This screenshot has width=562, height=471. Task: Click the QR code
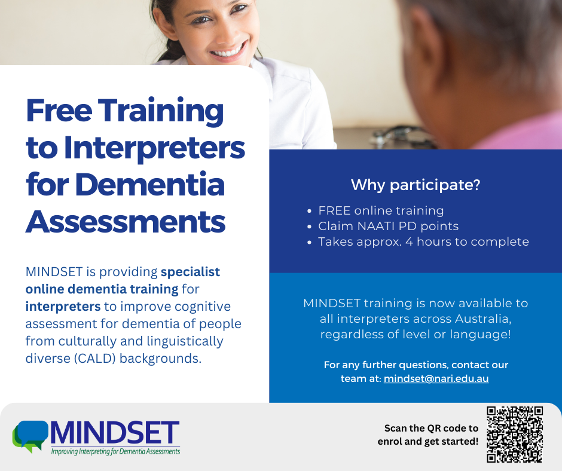[x=515, y=435]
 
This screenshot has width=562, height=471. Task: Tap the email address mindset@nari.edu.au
[x=436, y=378]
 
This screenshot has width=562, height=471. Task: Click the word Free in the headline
[x=59, y=111]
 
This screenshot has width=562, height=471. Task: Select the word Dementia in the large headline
[x=150, y=185]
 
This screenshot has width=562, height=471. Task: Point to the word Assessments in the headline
[x=126, y=222]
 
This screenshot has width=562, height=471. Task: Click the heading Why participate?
[x=416, y=185]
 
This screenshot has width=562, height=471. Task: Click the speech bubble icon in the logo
[x=31, y=436]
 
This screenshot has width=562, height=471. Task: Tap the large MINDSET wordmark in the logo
[x=115, y=433]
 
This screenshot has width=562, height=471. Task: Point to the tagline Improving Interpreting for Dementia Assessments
[x=115, y=451]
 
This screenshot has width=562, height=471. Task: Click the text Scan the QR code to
[x=431, y=429]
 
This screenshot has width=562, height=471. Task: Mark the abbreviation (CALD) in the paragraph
[x=95, y=359]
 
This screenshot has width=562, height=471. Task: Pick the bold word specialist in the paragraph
[x=190, y=272]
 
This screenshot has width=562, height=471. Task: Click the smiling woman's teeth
[x=228, y=51]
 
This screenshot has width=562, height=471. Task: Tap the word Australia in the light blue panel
[x=483, y=319]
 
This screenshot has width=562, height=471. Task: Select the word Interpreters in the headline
[x=154, y=148]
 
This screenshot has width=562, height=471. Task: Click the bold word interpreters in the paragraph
[x=63, y=307]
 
